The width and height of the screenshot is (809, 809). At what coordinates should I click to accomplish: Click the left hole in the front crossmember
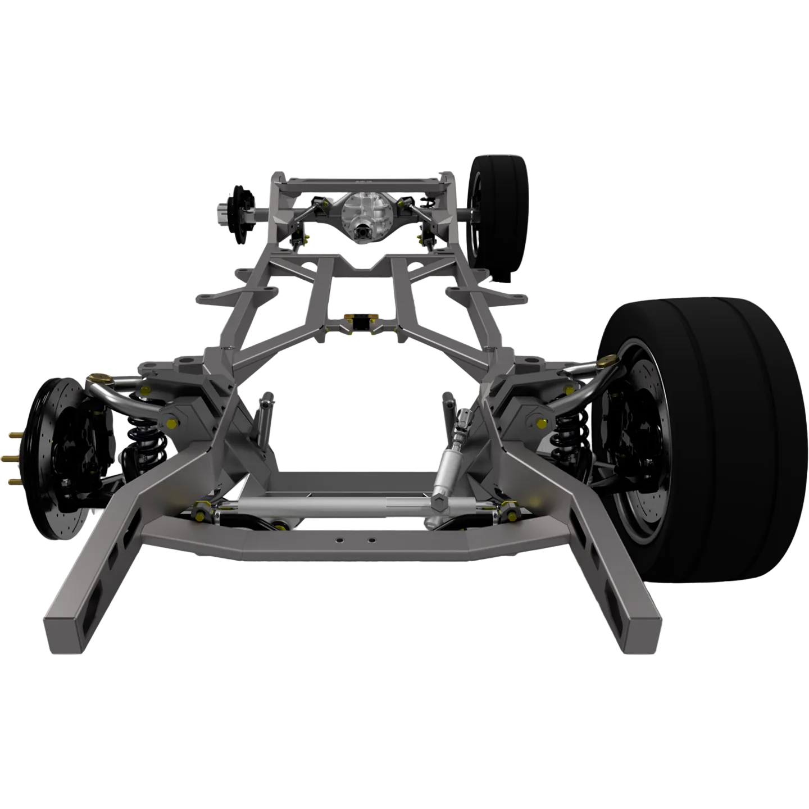click(339, 540)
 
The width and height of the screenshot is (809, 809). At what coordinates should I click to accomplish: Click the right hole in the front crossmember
click(370, 540)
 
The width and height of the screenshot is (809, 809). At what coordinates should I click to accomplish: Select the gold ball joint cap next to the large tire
click(606, 360)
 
